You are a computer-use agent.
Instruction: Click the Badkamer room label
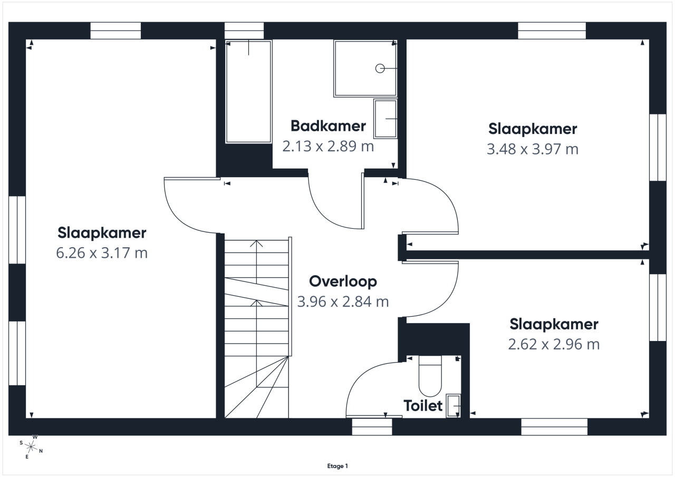[328, 126]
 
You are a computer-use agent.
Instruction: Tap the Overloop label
[343, 282]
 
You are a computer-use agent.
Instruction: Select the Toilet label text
[423, 406]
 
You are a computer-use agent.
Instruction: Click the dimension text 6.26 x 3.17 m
[102, 252]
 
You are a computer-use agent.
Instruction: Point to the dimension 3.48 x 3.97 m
[533, 149]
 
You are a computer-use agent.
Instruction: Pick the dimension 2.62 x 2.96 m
[554, 344]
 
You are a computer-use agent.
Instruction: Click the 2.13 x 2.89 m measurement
[328, 147]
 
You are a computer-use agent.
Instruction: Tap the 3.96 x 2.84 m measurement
[343, 301]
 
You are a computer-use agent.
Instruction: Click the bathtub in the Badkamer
[248, 92]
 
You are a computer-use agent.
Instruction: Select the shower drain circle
[380, 69]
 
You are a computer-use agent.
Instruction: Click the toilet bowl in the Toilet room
[430, 376]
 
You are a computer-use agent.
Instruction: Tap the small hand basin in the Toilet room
[453, 406]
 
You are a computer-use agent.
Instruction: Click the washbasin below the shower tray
[385, 119]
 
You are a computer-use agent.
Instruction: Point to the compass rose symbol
[31, 447]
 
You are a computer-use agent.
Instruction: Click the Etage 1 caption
[337, 466]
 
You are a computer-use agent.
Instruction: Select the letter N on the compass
[41, 451]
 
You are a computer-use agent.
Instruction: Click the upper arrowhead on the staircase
[256, 244]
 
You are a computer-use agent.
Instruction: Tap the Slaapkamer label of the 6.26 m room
[102, 233]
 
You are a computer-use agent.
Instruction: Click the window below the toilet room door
[372, 427]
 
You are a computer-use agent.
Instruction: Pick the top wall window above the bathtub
[244, 31]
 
